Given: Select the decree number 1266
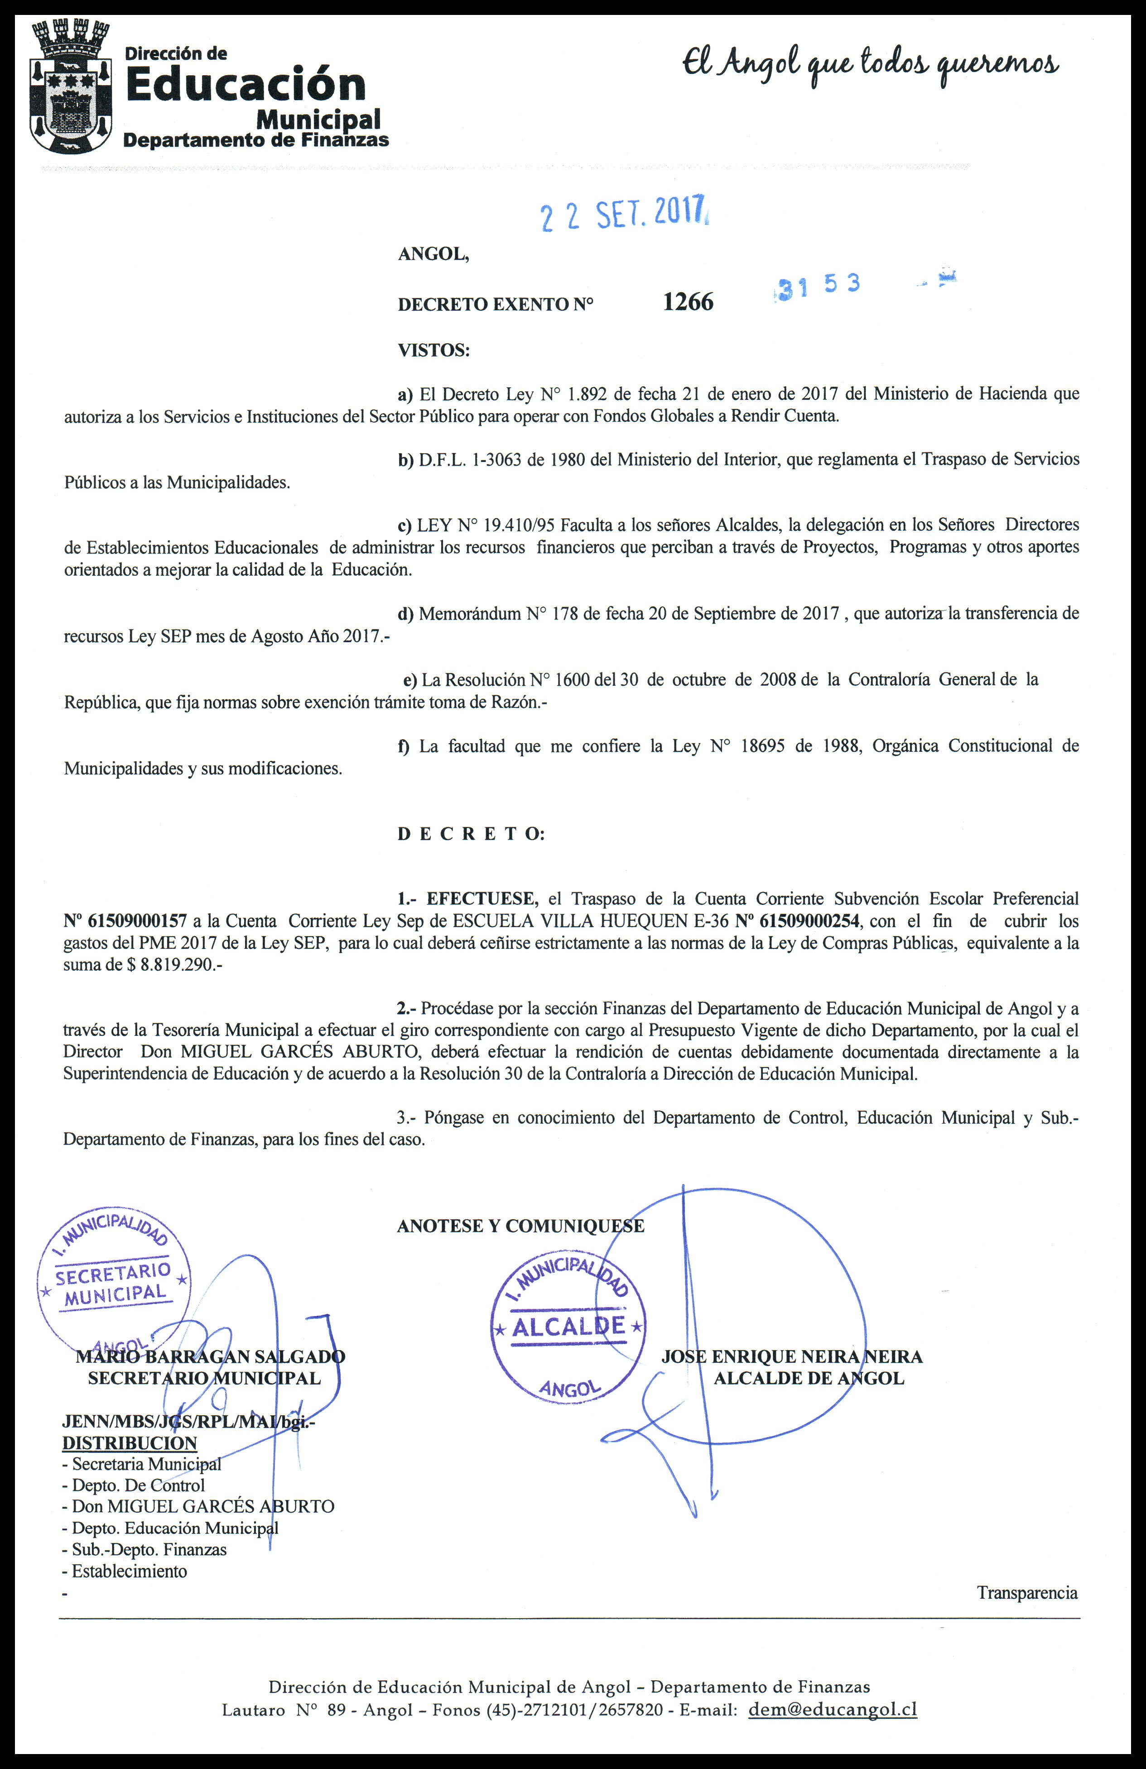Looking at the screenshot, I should point(688,302).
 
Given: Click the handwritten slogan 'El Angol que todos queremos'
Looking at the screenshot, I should point(870,66).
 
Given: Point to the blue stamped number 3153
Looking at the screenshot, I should point(818,285).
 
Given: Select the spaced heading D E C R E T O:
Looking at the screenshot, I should point(471,834).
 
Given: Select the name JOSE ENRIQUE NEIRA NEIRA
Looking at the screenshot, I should point(791,1356).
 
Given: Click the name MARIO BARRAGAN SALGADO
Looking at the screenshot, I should point(210,1356).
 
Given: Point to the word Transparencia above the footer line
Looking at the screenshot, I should point(1027,1592).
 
